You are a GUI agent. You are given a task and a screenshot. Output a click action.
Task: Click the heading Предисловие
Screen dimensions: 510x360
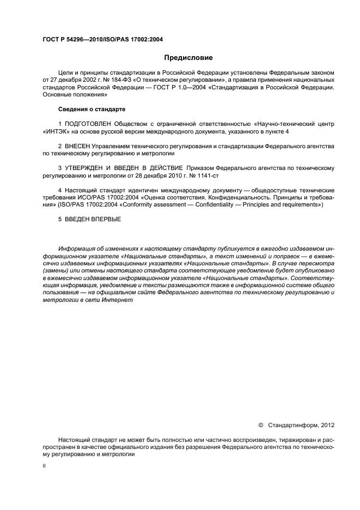[x=189, y=57]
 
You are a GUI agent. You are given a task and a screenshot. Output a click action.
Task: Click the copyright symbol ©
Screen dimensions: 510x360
[x=260, y=424]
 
